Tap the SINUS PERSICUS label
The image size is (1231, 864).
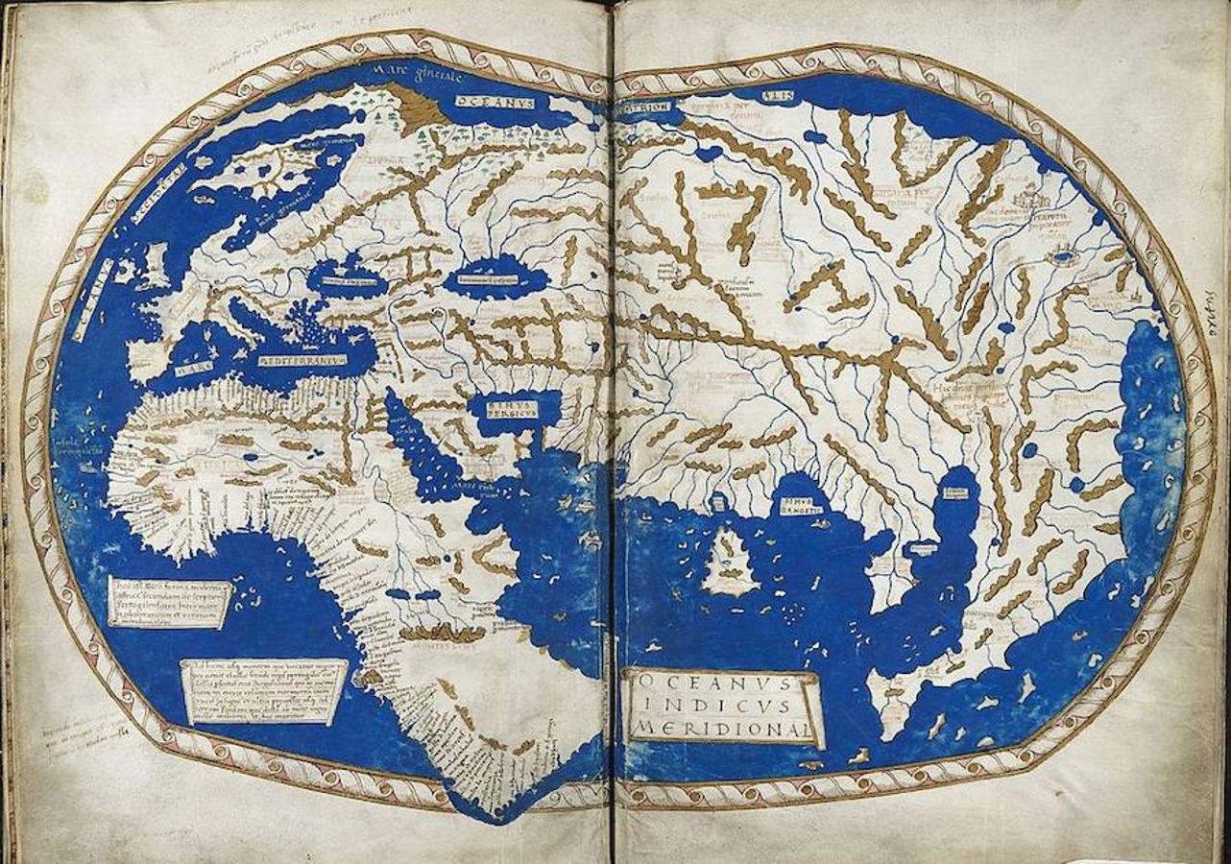coord(507,409)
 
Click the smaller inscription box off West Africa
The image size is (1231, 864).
coord(168,602)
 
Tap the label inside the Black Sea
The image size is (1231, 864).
coord(347,280)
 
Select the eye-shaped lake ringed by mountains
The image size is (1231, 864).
coord(1061,258)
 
